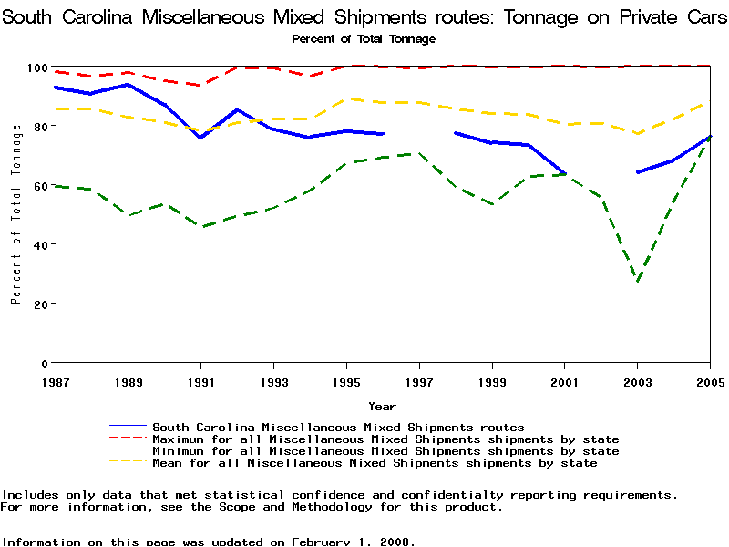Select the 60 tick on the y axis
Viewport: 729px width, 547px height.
coord(39,186)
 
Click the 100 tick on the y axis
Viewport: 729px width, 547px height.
coord(36,68)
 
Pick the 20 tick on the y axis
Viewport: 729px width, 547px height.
coord(39,304)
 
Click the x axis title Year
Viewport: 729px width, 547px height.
coord(382,406)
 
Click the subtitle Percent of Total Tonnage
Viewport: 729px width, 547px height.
coord(364,39)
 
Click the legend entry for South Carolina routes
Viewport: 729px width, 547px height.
coord(338,427)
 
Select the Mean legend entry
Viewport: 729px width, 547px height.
coord(375,463)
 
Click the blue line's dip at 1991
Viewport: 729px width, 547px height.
coord(200,138)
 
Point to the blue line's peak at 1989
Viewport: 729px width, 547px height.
coord(128,85)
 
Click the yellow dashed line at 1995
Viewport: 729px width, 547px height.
coord(346,98)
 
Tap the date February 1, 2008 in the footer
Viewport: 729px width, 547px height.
coord(353,541)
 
